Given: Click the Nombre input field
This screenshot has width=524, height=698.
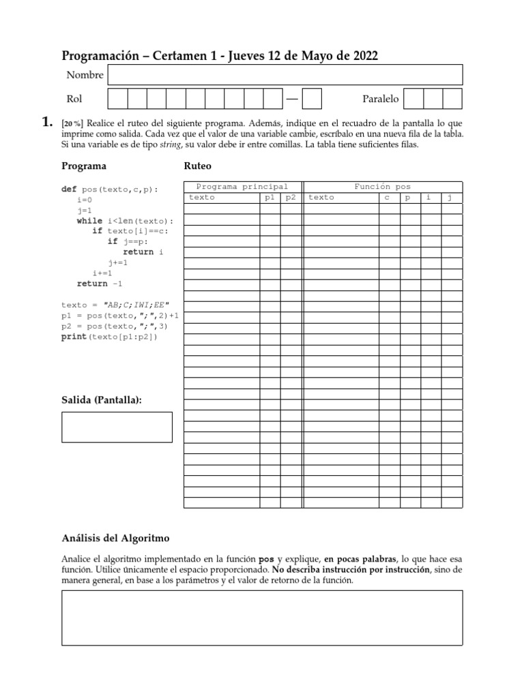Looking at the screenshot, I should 285,75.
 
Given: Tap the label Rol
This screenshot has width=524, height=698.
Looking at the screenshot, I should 74,100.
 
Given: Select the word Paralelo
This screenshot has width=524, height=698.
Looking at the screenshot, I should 381,100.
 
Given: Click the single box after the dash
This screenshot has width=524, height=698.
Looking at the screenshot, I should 312,100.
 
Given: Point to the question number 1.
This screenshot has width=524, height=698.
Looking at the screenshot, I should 46,123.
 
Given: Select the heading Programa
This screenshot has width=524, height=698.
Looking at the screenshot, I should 83,166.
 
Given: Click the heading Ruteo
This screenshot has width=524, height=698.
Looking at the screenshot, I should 198,166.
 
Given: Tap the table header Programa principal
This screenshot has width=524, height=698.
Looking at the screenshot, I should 242,186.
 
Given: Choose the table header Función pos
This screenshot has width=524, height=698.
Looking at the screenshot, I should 382,186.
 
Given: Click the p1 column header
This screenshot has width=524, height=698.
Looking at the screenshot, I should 270,198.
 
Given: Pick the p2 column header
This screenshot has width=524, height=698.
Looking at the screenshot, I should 291,198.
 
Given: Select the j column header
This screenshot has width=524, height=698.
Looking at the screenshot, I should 450,198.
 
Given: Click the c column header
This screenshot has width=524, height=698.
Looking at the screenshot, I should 387,198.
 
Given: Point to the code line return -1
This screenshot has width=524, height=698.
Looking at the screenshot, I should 100,284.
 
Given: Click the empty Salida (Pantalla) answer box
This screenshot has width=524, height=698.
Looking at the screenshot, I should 117,427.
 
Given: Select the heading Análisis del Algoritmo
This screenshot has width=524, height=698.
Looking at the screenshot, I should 115,538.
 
